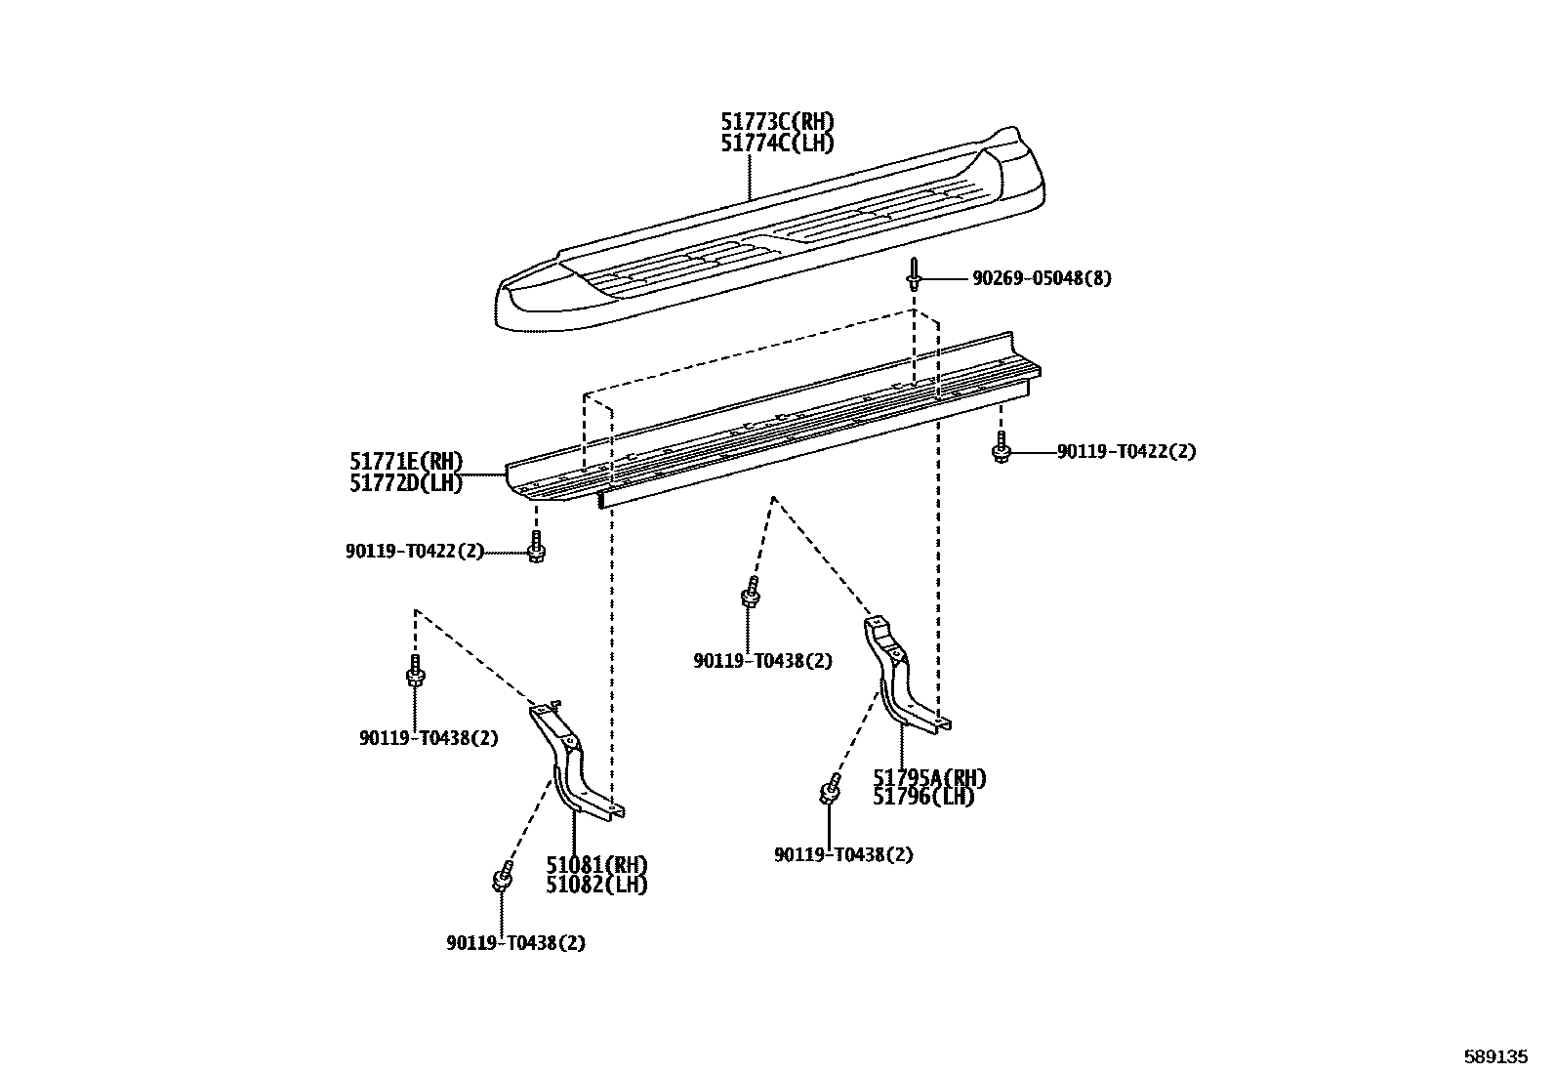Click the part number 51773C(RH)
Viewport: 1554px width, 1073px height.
777,121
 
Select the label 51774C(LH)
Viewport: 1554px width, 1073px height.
777,144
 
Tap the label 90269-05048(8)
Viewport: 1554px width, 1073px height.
1042,278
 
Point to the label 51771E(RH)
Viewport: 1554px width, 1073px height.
406,462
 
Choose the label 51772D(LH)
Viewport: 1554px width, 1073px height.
406,483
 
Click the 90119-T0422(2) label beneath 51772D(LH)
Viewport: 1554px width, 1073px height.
415,551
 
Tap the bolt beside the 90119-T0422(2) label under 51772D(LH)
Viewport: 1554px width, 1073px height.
536,547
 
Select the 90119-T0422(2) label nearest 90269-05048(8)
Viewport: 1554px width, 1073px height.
1126,452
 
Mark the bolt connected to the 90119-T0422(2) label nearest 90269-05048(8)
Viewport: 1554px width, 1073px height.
1001,447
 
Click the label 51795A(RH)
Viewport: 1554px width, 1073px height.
929,778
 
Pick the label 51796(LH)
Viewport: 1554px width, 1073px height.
923,797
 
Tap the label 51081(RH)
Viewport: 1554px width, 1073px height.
596,865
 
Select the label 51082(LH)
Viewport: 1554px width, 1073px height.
596,885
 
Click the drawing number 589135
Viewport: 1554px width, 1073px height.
1495,1056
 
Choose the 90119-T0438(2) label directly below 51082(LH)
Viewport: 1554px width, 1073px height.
516,943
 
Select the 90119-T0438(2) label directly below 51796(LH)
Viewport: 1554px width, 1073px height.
843,855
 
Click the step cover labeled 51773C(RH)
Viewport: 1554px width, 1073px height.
770,232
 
